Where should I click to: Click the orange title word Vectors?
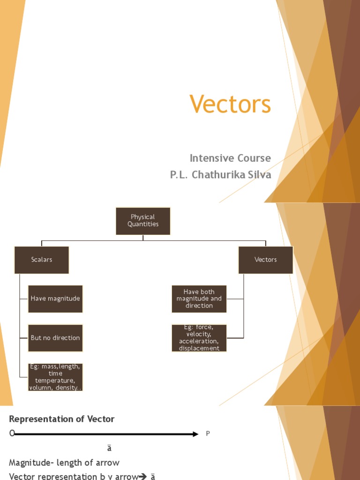point(230,104)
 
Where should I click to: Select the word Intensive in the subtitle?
point(210,158)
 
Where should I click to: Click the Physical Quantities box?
point(143,221)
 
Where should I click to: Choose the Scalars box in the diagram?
point(42,260)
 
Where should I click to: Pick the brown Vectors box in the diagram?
point(265,260)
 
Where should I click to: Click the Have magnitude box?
point(55,299)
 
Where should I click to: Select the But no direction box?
point(55,338)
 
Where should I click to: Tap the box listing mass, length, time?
point(55,377)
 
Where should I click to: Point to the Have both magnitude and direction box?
point(199,299)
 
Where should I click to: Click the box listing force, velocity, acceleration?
point(199,338)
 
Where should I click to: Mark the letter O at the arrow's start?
point(12,434)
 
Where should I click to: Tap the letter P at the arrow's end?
point(208,434)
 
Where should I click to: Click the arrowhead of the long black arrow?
point(195,434)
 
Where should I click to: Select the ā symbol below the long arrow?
point(109,448)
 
